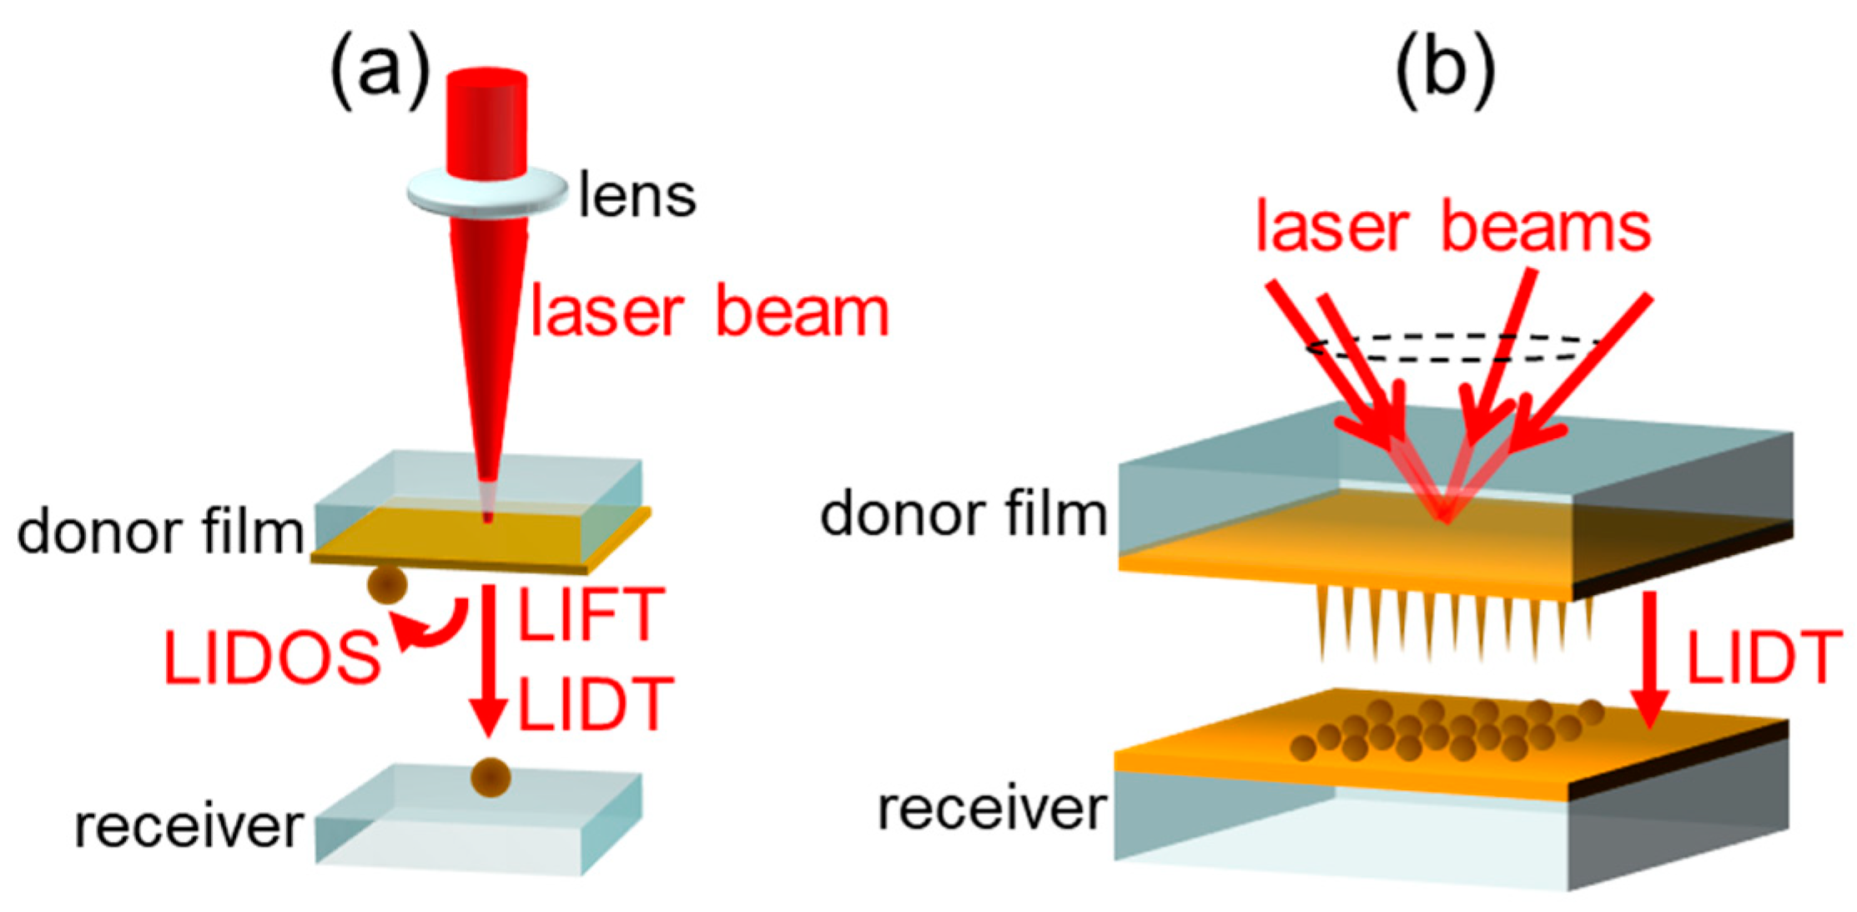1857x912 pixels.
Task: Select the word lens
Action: coord(637,196)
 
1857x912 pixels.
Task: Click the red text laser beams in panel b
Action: coord(1452,227)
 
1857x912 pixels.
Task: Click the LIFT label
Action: coord(591,615)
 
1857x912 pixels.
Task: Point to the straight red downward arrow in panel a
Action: coord(488,659)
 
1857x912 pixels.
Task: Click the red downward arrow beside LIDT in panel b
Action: coord(1649,659)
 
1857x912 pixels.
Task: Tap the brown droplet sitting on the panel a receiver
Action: coord(491,777)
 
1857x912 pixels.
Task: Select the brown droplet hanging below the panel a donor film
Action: coord(387,584)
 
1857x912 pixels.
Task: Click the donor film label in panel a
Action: coord(160,532)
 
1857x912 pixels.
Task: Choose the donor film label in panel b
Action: coord(964,514)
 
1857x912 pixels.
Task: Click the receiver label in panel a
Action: coord(189,827)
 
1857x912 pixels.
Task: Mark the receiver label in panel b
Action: coord(992,809)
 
